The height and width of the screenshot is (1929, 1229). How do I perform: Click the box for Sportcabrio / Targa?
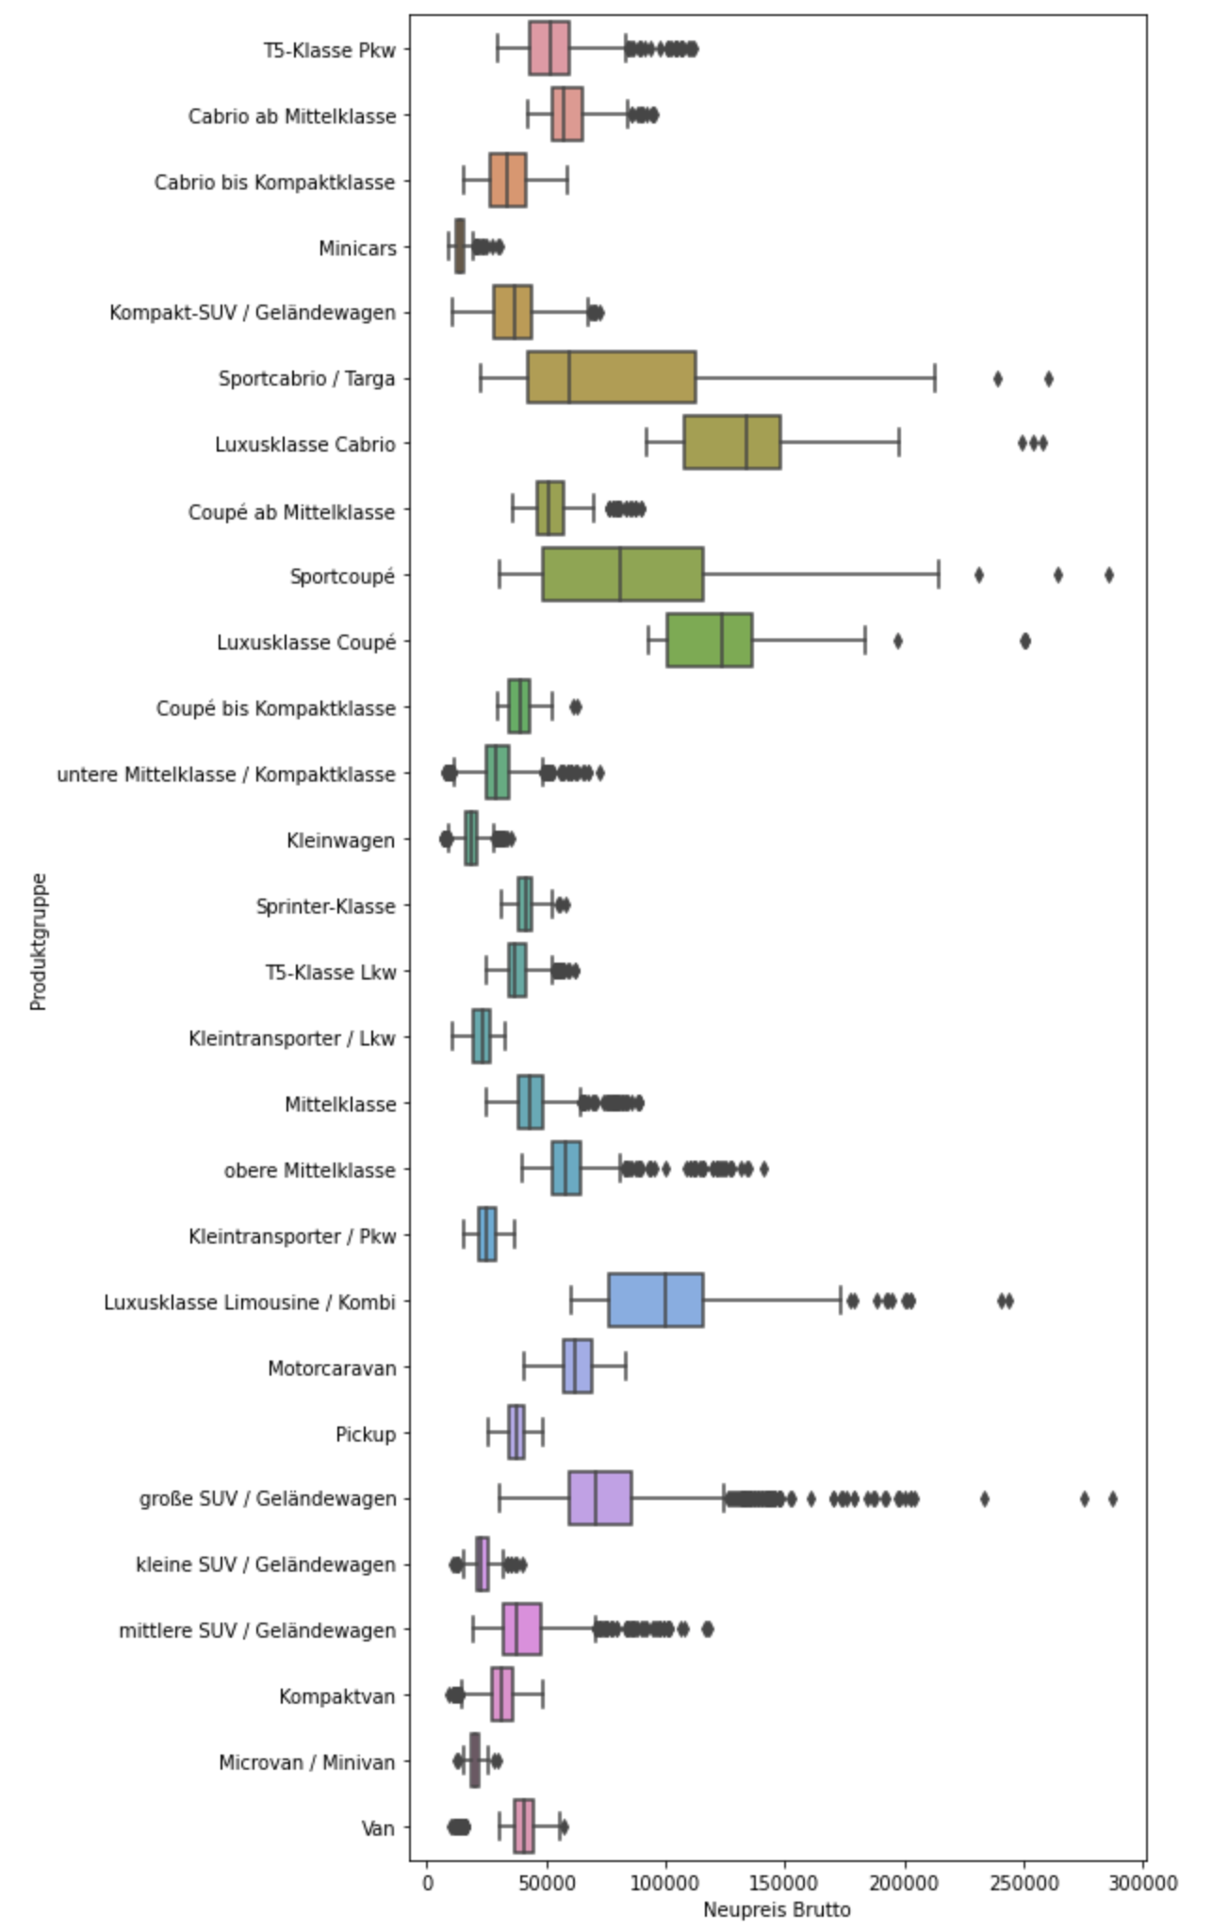pos(611,377)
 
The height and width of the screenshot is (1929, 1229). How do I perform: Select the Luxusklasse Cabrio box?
pos(732,442)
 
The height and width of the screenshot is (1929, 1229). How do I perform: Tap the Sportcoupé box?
pos(623,574)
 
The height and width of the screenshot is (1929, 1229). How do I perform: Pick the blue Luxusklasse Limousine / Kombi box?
pos(656,1300)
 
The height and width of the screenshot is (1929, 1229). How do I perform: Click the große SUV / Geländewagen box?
pos(600,1498)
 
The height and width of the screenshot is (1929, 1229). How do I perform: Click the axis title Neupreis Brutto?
pos(777,1909)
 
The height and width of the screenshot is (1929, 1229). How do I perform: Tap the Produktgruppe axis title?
pos(38,942)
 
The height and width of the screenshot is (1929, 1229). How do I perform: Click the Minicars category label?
pos(357,248)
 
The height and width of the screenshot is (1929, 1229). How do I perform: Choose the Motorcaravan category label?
pos(332,1368)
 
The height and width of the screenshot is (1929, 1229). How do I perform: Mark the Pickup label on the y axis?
pos(366,1434)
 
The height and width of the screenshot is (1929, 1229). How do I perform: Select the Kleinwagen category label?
pos(340,840)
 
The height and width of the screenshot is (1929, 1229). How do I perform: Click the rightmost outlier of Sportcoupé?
pos(1108,575)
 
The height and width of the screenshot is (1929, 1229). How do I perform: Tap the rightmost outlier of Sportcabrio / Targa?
pos(1048,379)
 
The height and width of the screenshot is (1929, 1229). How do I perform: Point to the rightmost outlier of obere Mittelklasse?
pos(763,1169)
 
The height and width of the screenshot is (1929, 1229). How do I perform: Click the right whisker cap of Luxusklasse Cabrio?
pos(899,442)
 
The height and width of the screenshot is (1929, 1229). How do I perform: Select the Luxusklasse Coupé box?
pos(710,640)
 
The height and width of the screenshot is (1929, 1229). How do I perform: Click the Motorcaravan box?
pos(578,1366)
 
